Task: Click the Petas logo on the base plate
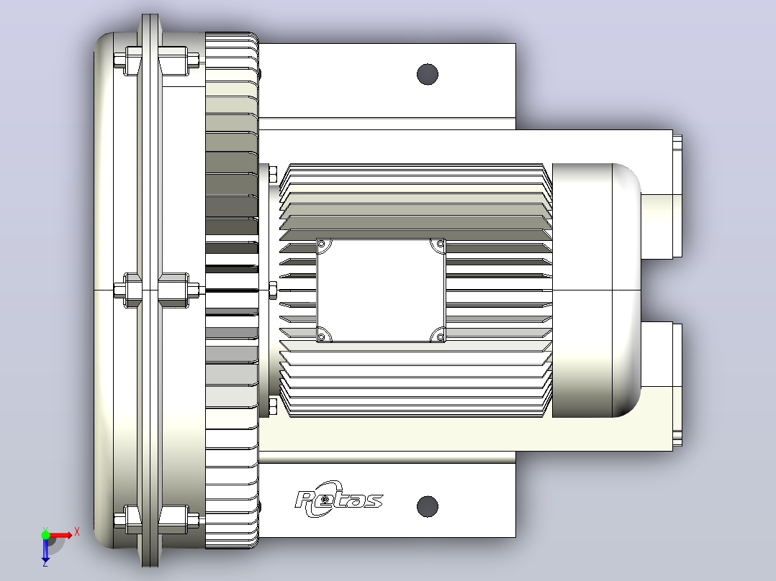(x=338, y=499)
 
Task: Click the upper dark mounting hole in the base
(x=428, y=74)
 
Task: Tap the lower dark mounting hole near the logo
(x=428, y=506)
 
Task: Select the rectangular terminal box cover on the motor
(x=381, y=290)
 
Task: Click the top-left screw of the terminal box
(x=322, y=244)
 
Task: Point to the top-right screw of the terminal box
(x=440, y=244)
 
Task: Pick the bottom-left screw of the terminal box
(x=322, y=337)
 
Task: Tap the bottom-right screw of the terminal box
(x=440, y=337)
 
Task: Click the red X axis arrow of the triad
(x=59, y=536)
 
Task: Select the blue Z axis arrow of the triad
(x=45, y=549)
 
